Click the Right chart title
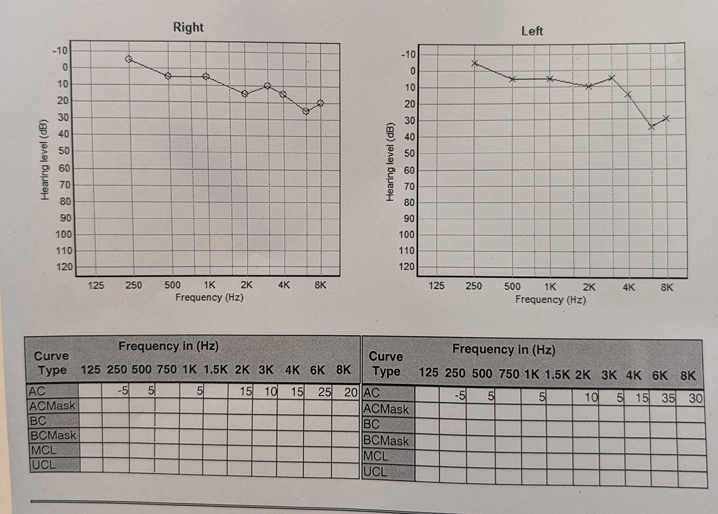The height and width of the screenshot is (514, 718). pos(188,27)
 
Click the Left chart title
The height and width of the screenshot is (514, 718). pos(532,31)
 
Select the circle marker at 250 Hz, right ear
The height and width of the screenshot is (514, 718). pos(129,59)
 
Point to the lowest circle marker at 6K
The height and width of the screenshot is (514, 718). pos(306,111)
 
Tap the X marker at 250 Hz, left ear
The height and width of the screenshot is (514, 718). pos(475,63)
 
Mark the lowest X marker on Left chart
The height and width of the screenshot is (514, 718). pos(651,127)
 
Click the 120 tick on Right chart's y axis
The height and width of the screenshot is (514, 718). pos(64,267)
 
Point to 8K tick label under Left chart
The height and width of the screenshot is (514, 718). pos(667,287)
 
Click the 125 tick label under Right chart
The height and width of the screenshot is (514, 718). pos(96,285)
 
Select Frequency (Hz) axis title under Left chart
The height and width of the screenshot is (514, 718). pos(551,299)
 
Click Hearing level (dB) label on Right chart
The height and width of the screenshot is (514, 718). pos(44,159)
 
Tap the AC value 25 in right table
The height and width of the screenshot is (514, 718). pos(324,392)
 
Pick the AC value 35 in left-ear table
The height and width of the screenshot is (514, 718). pos(668,398)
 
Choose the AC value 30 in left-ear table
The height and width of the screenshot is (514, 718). pos(695,398)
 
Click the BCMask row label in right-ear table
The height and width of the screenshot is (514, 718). pos(53,435)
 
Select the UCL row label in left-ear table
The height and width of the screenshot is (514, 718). pos(375,472)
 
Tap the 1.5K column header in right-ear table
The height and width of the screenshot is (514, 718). pos(215,369)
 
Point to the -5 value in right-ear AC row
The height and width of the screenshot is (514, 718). pos(123,391)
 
